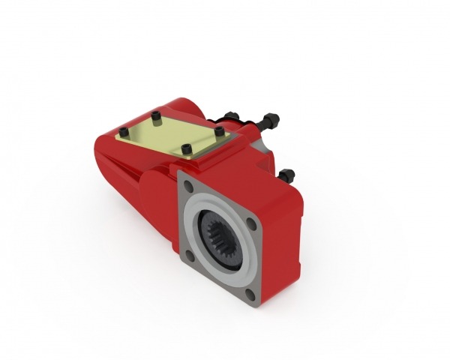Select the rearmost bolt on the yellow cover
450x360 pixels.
(155, 115)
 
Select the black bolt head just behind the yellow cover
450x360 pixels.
(230, 116)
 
